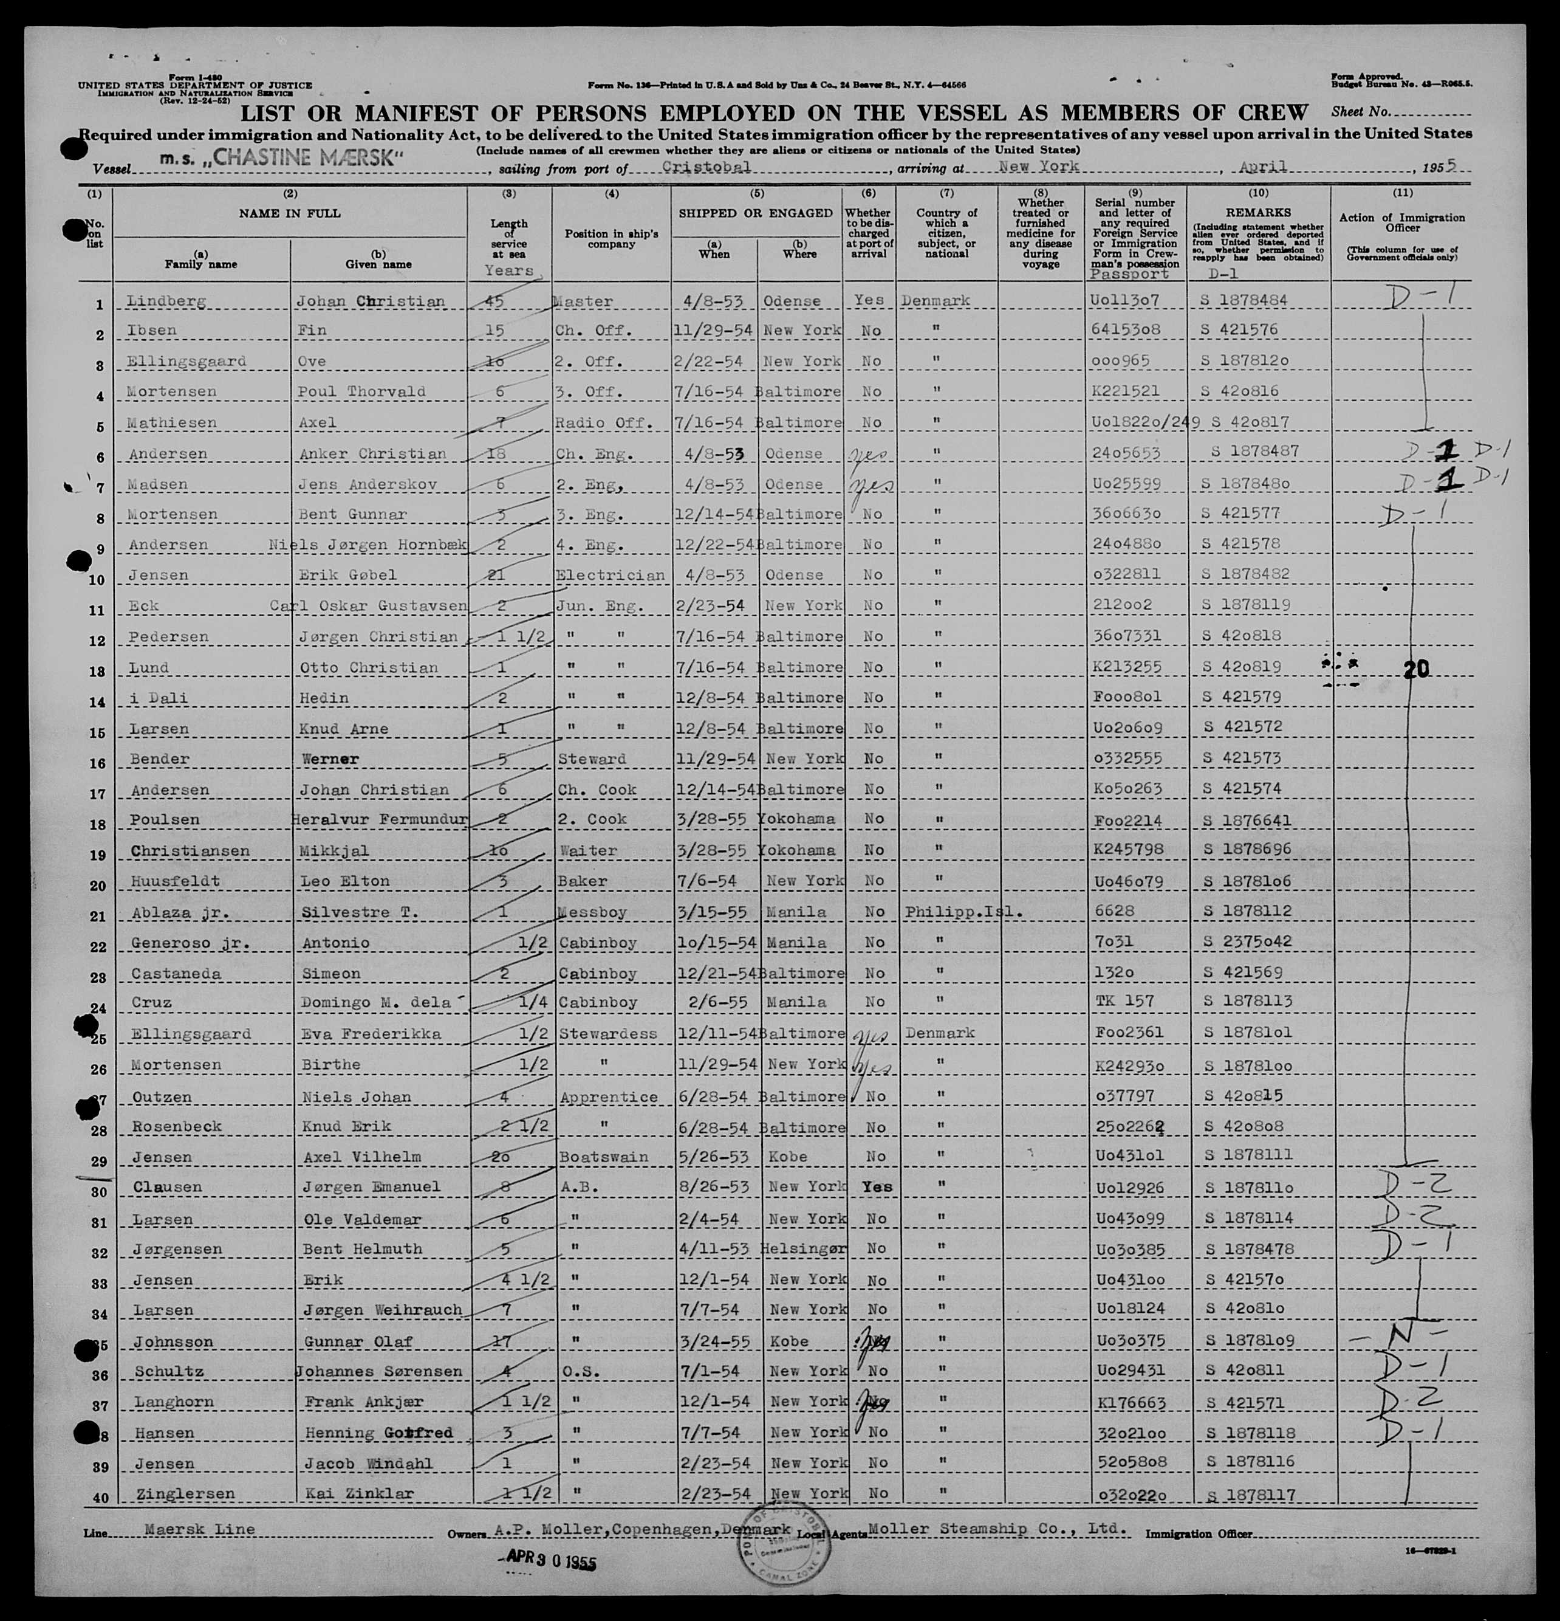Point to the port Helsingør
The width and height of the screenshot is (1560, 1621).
click(802, 1249)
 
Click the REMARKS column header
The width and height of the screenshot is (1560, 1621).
click(1257, 213)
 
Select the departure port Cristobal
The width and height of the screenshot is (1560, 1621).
click(707, 167)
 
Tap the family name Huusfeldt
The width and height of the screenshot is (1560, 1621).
click(176, 881)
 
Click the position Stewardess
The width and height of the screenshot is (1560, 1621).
click(607, 1033)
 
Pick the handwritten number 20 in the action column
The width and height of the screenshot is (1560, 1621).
click(1416, 670)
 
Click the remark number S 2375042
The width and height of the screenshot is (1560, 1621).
click(1247, 941)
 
